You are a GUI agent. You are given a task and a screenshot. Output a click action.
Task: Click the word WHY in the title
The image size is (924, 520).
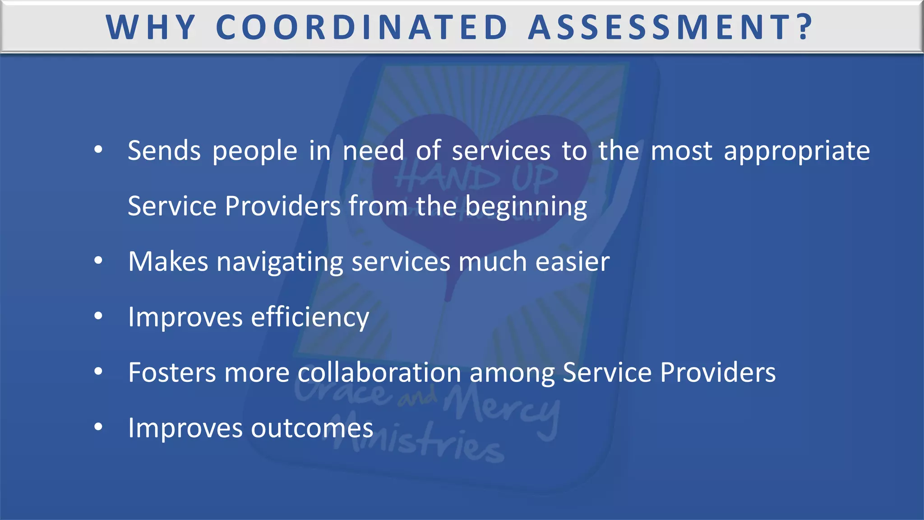pyautogui.click(x=151, y=28)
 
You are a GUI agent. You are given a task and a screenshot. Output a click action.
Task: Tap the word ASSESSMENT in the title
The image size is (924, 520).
pyautogui.click(x=659, y=28)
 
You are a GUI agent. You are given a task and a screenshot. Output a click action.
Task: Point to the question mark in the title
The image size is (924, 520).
pyautogui.click(x=804, y=28)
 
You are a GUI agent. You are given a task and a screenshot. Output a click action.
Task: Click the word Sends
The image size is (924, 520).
pyautogui.click(x=164, y=151)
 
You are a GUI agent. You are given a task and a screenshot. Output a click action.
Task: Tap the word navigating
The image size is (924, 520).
pyautogui.click(x=280, y=262)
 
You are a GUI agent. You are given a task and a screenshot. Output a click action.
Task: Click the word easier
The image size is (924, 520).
pyautogui.click(x=572, y=262)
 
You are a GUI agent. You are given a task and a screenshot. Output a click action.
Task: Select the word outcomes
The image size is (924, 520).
pyautogui.click(x=312, y=428)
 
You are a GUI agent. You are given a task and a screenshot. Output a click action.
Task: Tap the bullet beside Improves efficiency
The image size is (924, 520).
pyautogui.click(x=98, y=316)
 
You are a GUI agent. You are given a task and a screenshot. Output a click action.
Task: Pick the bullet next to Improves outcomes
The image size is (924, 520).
pyautogui.click(x=98, y=427)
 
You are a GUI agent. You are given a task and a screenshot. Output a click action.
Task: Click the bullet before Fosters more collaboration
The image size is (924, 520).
pyautogui.click(x=98, y=371)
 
